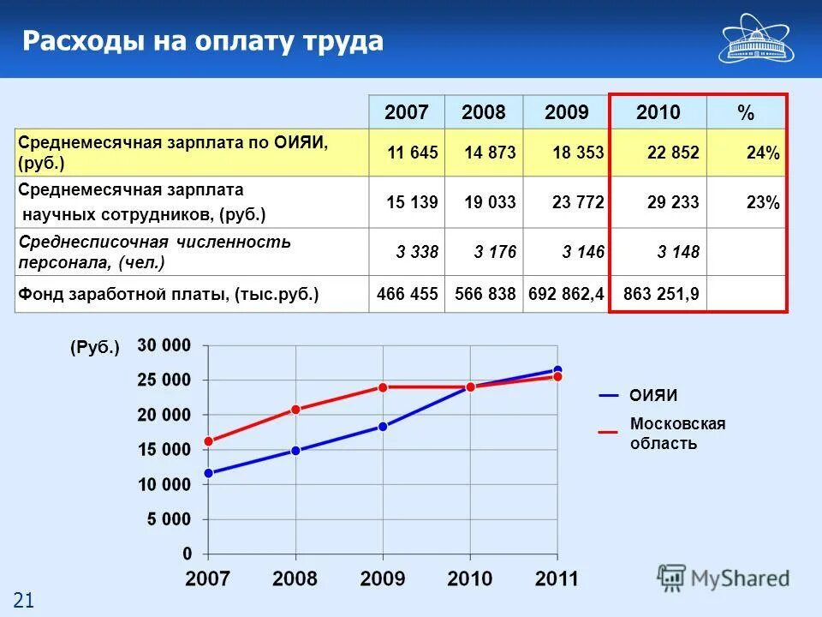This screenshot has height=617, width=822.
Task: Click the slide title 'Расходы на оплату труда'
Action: coord(203,41)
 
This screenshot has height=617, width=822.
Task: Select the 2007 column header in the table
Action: coord(407,112)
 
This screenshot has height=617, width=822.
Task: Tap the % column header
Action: coord(746,112)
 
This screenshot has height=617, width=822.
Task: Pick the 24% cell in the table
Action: coord(762,153)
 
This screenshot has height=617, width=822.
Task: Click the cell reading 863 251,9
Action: coord(661,294)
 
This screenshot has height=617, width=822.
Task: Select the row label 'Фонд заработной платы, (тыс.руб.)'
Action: coord(169,294)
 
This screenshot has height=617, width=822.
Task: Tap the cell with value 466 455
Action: coord(408,294)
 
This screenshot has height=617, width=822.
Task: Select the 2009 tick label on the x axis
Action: coord(383,578)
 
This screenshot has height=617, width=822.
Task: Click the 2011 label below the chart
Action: coord(557,578)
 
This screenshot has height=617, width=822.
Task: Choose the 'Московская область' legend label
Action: coord(677,434)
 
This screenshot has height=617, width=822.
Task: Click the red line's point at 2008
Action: coord(295,410)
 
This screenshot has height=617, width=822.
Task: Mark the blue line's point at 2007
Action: coord(208,473)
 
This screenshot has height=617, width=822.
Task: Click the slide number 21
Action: coord(22,601)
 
